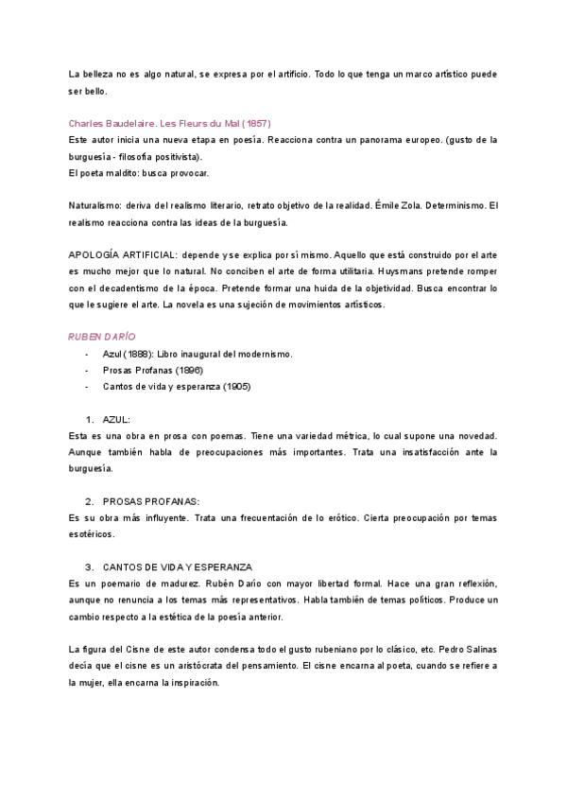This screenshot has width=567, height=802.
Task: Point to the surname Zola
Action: point(397,206)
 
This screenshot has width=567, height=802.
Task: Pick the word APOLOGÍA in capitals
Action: point(100,255)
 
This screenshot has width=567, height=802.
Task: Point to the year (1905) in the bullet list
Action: point(232,387)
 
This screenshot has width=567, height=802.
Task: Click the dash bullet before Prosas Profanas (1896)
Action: point(87,370)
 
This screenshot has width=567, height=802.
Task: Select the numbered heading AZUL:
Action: point(116,419)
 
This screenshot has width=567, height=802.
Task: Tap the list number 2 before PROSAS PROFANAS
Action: point(89,501)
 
